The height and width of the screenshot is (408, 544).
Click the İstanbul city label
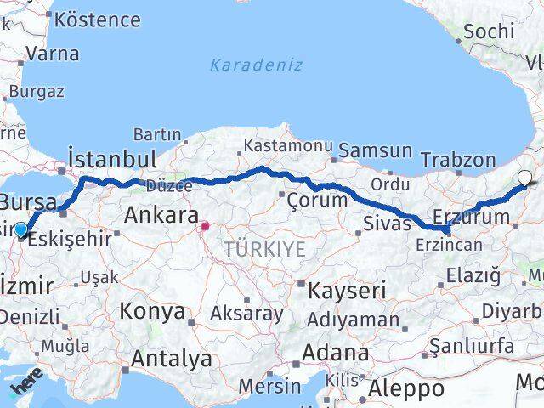point(112,159)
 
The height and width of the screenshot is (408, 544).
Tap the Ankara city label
point(161,215)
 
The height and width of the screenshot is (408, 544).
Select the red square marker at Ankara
point(205,226)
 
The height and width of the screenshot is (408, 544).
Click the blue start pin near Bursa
point(21,228)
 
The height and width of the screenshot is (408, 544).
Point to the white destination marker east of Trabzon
point(525,178)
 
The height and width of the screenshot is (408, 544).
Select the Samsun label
point(375,151)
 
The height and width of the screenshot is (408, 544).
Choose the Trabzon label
point(458,159)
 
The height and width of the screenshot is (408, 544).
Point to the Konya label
point(151,310)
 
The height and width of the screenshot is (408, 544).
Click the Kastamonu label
point(279,146)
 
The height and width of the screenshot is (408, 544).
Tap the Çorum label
point(317,201)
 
